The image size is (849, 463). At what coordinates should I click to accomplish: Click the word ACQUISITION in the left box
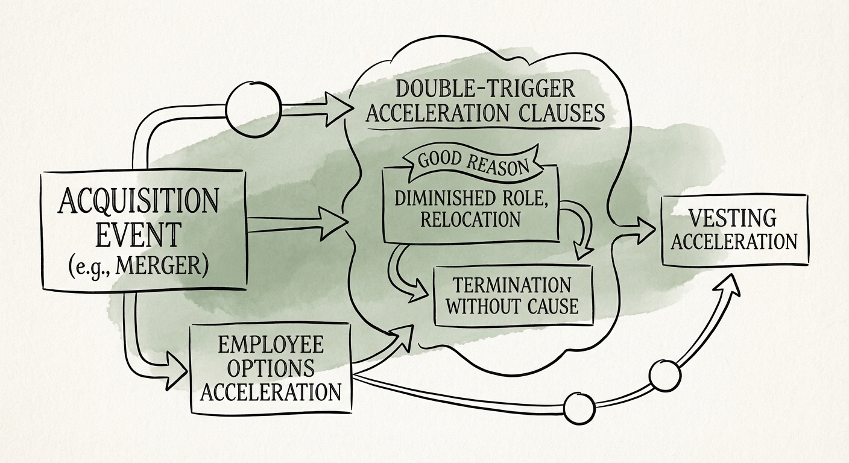click(138, 202)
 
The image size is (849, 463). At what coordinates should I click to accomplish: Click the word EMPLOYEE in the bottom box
click(271, 345)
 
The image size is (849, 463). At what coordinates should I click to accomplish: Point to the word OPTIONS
click(271, 368)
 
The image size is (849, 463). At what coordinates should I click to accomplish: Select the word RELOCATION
click(471, 218)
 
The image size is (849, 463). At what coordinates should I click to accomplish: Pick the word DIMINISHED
click(441, 198)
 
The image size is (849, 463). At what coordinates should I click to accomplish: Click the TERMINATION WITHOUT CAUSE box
click(514, 295)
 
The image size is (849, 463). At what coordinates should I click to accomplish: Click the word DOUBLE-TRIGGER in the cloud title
click(485, 90)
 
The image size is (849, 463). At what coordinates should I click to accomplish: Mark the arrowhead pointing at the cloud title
click(338, 109)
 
